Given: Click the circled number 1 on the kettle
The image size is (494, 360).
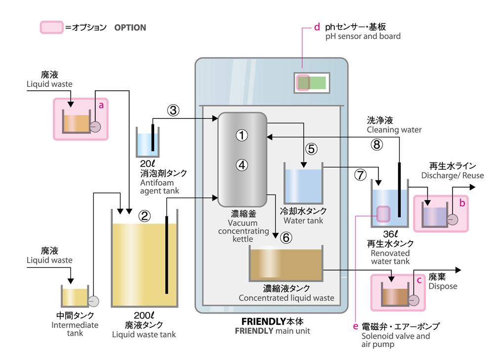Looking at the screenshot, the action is pyautogui.click(x=242, y=135).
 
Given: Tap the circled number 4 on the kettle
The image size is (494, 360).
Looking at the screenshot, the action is pyautogui.click(x=242, y=165).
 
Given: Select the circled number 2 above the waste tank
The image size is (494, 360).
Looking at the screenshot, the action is pyautogui.click(x=145, y=216).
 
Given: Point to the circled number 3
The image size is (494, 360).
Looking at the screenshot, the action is pyautogui.click(x=173, y=110).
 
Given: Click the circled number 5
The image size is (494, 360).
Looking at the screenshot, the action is pyautogui.click(x=311, y=149).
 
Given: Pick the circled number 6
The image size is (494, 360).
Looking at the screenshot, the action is pyautogui.click(x=286, y=238).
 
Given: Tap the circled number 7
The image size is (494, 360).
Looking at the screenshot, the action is pyautogui.click(x=361, y=175).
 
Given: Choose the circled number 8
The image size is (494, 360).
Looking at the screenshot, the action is pyautogui.click(x=377, y=145).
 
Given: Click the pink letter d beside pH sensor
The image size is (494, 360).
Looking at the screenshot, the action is pyautogui.click(x=317, y=27).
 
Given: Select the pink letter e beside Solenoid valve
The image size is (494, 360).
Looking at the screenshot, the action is pyautogui.click(x=355, y=326).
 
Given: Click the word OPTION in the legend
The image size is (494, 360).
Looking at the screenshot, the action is pyautogui.click(x=130, y=28).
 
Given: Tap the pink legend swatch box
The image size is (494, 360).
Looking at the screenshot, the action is pyautogui.click(x=51, y=27).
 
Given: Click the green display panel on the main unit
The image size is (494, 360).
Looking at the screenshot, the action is pyautogui.click(x=312, y=83).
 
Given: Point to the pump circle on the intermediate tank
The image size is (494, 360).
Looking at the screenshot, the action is pyautogui.click(x=93, y=301).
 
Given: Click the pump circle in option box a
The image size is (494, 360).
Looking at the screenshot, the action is pyautogui.click(x=95, y=126).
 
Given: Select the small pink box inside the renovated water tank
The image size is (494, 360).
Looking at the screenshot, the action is pyautogui.click(x=383, y=214).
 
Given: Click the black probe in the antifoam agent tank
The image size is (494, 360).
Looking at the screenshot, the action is pyautogui.click(x=153, y=138).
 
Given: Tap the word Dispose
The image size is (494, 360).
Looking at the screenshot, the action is pyautogui.click(x=443, y=286).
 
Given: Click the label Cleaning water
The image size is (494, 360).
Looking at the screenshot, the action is pyautogui.click(x=394, y=130).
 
